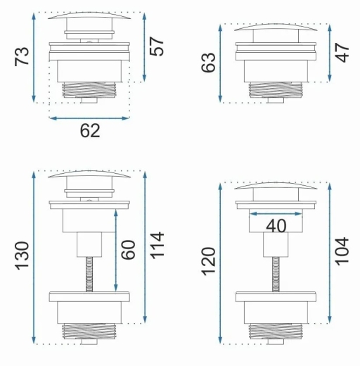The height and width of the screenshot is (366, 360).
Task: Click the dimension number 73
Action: tap(22, 56)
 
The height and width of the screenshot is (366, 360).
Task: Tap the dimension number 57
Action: tap(156, 46)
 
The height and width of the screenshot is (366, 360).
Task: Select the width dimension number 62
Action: tap(90, 131)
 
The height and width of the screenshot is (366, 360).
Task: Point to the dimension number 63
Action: tap(208, 62)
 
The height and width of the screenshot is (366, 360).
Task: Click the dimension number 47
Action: tap(342, 53)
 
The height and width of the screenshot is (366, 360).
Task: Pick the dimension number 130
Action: tap(22, 255)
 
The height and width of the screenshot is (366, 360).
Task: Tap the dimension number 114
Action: tap(156, 246)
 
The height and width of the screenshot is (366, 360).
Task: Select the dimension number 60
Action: tap(128, 250)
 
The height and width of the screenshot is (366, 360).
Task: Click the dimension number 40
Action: tap(276, 226)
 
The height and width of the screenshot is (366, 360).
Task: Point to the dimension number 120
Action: tap(208, 261)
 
